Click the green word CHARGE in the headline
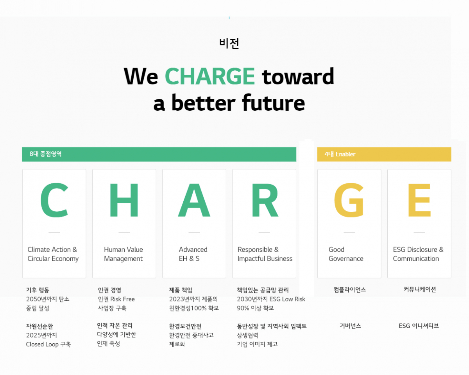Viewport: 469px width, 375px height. click(210, 76)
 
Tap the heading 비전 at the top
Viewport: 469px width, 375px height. click(229, 43)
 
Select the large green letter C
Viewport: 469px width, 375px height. click(55, 200)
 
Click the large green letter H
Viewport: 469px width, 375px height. click(124, 200)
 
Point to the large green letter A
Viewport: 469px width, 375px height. click(194, 200)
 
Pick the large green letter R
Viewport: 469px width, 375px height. click(265, 200)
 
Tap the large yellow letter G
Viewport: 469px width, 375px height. click(349, 200)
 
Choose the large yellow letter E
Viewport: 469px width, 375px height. click(419, 200)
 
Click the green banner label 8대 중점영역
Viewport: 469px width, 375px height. click(45, 154)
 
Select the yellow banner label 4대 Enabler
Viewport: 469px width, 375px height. click(340, 154)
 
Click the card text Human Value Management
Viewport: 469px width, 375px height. click(124, 254)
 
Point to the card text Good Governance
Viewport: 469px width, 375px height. click(346, 254)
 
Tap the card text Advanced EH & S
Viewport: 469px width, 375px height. click(193, 254)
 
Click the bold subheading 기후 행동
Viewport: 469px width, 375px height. click(38, 290)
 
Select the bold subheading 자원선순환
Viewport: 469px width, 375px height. click(40, 326)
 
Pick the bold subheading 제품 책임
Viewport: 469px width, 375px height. click(181, 290)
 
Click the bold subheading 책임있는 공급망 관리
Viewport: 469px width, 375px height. click(263, 290)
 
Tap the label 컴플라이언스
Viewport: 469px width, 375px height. click(349, 290)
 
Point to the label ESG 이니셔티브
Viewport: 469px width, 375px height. click(419, 326)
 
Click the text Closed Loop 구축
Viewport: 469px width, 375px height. click(48, 344)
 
